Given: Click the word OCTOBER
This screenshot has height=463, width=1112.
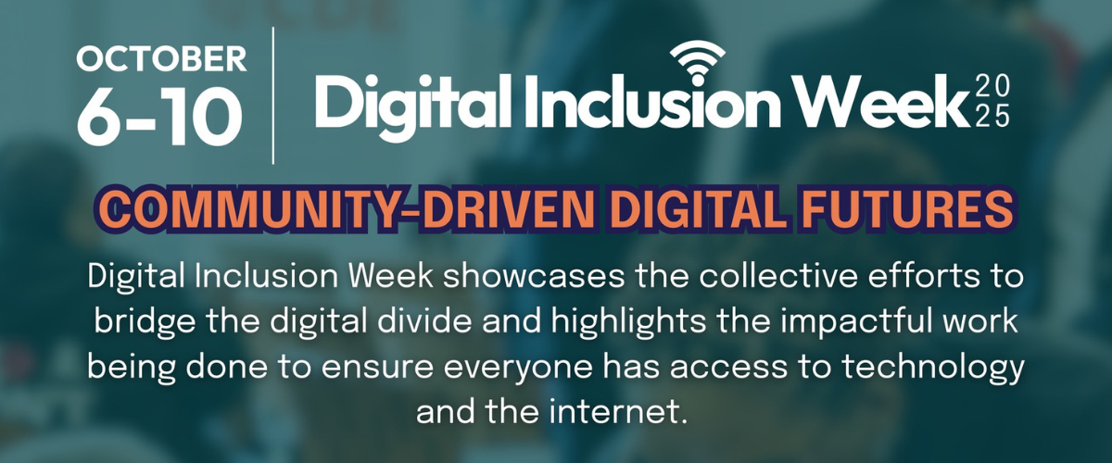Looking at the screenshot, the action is click(161, 59).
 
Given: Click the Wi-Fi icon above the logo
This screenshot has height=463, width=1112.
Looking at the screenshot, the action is click(698, 62).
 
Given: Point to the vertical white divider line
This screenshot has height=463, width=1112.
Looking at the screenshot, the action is click(273, 95).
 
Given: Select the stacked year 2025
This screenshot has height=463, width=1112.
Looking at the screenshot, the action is click(992, 102).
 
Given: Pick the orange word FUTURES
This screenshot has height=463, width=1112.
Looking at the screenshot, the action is click(907, 210).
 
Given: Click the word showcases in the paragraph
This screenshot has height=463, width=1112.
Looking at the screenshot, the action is click(534, 276).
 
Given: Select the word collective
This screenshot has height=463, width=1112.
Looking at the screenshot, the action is click(777, 276).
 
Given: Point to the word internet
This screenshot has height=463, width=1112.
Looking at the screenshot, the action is click(617, 411).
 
